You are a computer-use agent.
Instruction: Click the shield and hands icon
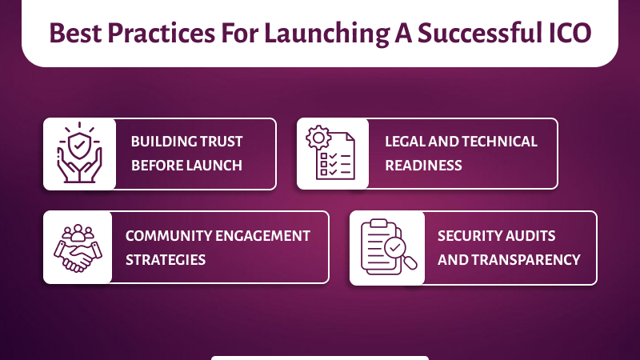coord(79,154)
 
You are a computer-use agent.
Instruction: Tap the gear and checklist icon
coord(332,154)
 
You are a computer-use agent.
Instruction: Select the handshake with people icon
coord(78,246)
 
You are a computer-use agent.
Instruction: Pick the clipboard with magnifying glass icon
coord(387,247)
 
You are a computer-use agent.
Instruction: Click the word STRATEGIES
coord(166,259)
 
